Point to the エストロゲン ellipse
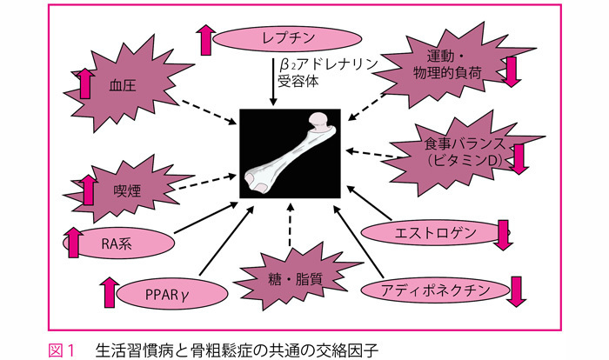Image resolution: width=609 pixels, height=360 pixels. click(x=426, y=233)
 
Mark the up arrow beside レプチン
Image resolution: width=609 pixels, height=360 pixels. click(x=204, y=39)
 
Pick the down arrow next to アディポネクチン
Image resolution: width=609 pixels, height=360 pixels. click(x=514, y=291)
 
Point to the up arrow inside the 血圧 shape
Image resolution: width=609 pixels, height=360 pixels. click(x=86, y=84)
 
